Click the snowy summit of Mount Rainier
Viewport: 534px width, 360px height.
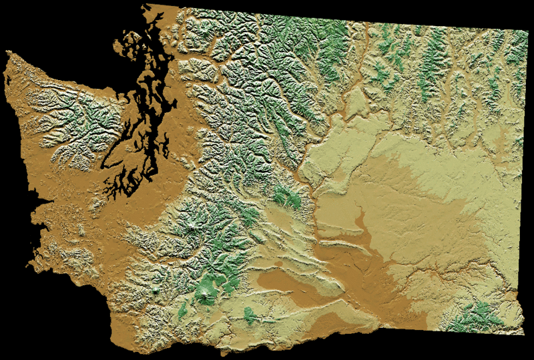195,230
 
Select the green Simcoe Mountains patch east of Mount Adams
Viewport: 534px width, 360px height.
250,314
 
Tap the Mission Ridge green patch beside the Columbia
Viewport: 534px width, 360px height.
287,197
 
